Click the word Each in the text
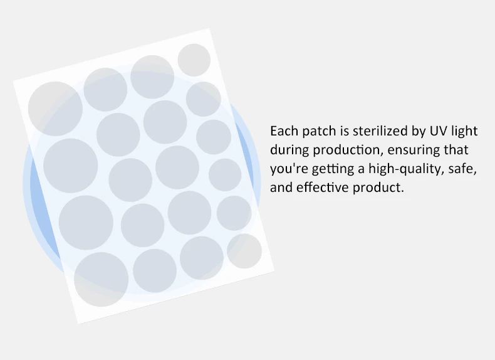click(283, 131)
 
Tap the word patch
click(316, 131)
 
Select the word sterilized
click(380, 131)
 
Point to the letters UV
click(437, 131)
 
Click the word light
click(464, 131)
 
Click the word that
click(456, 150)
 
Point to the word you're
click(286, 169)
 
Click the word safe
click(463, 169)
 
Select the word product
click(378, 188)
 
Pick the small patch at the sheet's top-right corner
click(194, 60)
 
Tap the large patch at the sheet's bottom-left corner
click(101, 279)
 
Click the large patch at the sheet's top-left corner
click(55, 109)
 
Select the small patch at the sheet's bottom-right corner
click(244, 251)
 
